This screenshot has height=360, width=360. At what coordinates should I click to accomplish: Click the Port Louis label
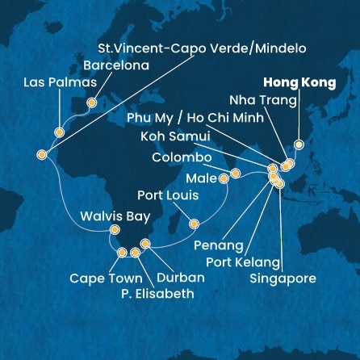click(168, 195)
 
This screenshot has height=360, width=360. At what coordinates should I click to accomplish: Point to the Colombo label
click(182, 157)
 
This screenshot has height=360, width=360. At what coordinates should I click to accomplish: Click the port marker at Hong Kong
click(299, 144)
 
